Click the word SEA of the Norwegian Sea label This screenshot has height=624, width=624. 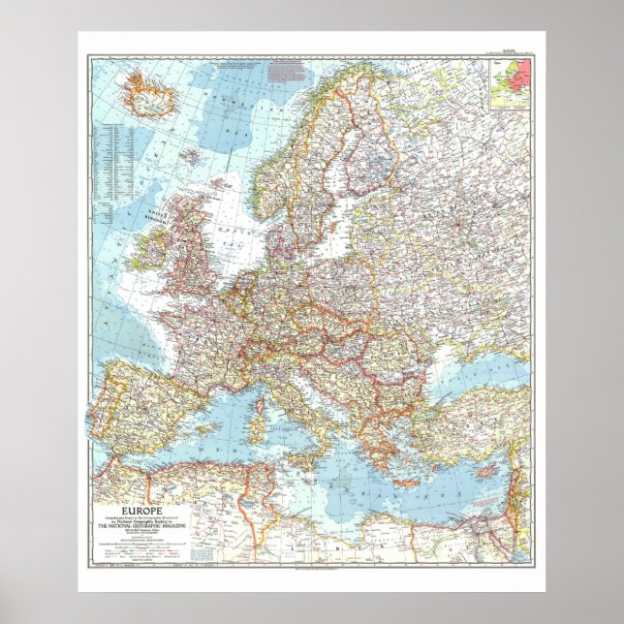coord(216,125)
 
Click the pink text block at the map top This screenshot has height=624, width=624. coord(287,71)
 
